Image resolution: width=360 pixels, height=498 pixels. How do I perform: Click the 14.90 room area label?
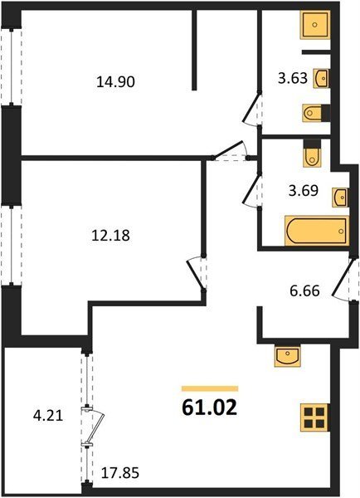116,82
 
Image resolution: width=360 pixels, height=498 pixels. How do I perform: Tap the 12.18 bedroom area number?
110,236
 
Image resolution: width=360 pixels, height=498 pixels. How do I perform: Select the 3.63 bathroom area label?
293,78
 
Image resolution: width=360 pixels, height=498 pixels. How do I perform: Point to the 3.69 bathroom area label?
304,191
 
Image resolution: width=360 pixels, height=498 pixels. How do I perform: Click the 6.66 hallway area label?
304,290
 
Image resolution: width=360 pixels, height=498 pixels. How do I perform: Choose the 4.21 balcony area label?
48,416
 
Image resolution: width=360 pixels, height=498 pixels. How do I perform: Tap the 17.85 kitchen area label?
120,473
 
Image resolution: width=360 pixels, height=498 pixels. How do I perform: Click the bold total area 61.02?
210,408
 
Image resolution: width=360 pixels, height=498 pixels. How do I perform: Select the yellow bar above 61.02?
210,388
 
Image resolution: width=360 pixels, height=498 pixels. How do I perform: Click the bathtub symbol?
317,231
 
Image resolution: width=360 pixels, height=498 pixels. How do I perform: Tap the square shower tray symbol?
315,25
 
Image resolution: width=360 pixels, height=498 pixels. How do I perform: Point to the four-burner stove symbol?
314,417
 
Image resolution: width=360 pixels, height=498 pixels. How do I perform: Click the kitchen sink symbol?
287,356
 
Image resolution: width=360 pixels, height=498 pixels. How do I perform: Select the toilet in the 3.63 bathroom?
314,113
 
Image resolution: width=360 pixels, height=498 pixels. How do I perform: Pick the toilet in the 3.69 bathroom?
311,154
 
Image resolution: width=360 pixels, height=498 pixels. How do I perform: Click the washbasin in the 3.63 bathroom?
321,78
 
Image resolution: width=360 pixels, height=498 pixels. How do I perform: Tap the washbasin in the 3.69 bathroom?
340,198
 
